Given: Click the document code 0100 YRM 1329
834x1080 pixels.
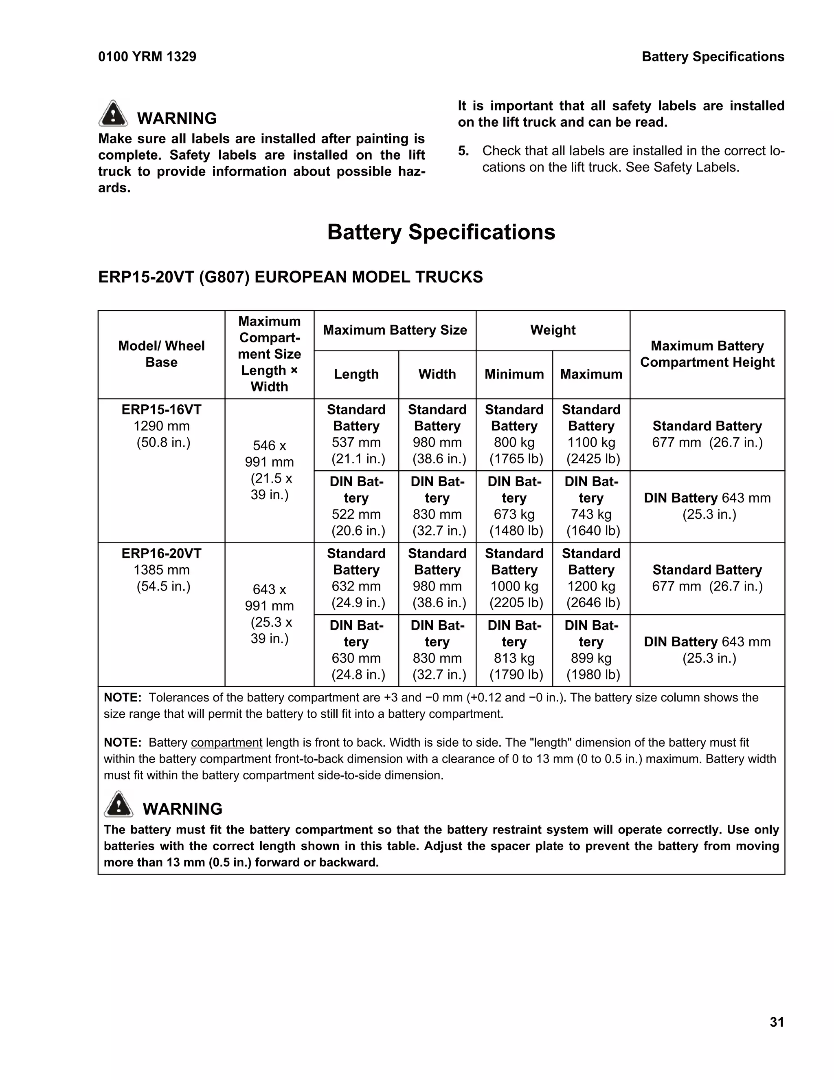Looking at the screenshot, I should coord(147,57).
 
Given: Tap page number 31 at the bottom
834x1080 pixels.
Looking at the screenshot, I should coord(777,1022).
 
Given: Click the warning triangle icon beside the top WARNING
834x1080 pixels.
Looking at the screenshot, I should coord(113,114).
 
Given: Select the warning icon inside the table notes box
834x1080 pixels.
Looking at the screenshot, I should coord(119,804).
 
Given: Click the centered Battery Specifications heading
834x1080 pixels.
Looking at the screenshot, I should coord(441,232).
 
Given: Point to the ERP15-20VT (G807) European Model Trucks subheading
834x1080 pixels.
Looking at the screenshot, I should coord(290,277).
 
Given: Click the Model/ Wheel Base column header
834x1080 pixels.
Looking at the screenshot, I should coord(161,354).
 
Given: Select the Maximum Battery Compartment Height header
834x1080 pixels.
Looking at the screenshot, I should coord(707,354).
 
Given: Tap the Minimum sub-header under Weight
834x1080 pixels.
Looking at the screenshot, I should coord(514,375).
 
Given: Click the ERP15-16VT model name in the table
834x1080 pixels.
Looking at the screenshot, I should coord(162,410).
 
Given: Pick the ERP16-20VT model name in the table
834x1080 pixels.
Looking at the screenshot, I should coord(162,553).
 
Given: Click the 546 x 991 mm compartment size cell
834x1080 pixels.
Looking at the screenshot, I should coord(269,470).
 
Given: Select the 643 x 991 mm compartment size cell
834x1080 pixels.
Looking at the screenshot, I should coord(269,613).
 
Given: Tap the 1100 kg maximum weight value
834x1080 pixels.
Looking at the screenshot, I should coord(591,443).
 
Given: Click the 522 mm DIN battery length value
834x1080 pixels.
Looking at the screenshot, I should coord(356,514).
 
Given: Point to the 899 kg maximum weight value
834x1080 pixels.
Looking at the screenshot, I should coord(591,658).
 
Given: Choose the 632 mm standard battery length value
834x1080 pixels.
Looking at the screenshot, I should coord(356,586).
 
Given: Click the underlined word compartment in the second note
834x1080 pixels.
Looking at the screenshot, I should coord(226,743).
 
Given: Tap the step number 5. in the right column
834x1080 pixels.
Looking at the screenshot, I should coord(463,151).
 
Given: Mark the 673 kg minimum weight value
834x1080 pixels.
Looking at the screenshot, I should coord(514,514).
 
